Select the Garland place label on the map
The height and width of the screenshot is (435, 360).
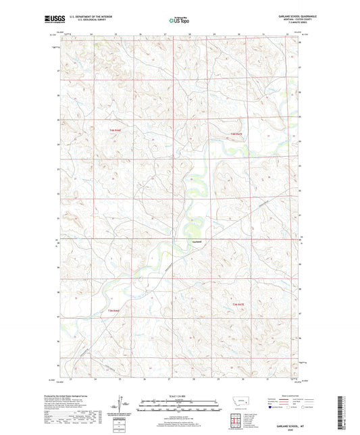196,239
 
